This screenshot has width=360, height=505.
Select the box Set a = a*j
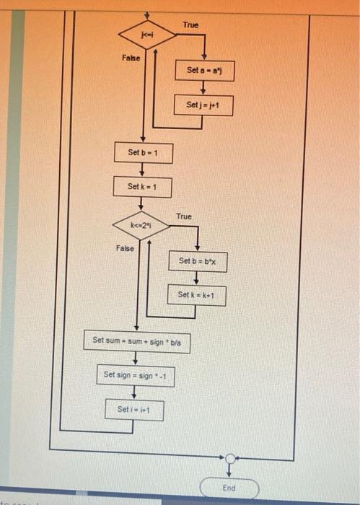click(204, 71)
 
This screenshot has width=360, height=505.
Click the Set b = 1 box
click(141, 153)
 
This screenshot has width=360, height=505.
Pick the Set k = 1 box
click(141, 188)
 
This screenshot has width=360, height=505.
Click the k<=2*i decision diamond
click(141, 226)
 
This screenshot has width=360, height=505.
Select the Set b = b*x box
click(198, 261)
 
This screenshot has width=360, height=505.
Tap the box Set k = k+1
click(198, 295)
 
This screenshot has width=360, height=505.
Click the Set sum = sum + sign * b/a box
click(137, 340)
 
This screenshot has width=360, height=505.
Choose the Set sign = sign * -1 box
click(136, 375)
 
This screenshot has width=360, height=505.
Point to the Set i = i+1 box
click(134, 410)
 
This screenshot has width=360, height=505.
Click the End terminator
click(229, 488)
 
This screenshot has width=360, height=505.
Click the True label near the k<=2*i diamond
click(184, 217)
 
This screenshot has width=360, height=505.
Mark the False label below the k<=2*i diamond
click(124, 249)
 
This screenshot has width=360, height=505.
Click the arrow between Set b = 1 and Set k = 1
click(141, 170)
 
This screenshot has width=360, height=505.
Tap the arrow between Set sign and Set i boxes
click(134, 393)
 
